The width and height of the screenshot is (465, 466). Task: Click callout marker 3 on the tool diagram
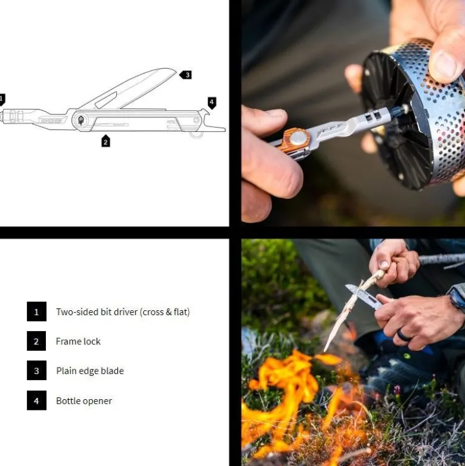tap(185, 75)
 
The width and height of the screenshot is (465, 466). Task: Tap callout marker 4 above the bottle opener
tap(212, 103)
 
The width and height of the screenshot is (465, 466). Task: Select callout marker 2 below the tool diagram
tap(106, 141)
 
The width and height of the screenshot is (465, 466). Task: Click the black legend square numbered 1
tap(36, 311)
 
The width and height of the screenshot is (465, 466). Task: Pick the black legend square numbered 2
tap(36, 341)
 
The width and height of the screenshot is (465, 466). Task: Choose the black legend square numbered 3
tap(36, 371)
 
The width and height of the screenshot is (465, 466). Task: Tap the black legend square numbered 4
tap(36, 400)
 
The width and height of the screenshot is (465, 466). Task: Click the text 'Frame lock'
tap(78, 341)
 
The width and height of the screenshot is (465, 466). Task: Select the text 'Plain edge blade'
tap(90, 371)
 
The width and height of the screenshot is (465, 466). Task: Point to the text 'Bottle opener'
tap(84, 401)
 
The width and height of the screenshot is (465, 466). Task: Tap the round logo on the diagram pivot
tap(80, 121)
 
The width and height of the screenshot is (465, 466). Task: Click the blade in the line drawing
tap(131, 88)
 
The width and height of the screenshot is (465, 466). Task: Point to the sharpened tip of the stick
tap(325, 350)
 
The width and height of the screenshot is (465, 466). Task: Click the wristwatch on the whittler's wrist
tap(456, 300)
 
